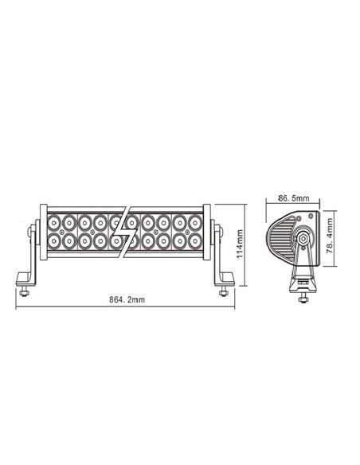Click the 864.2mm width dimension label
[127, 299]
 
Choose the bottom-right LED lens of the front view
[194, 239]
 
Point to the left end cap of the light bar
[37, 231]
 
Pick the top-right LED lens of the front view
[194, 221]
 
